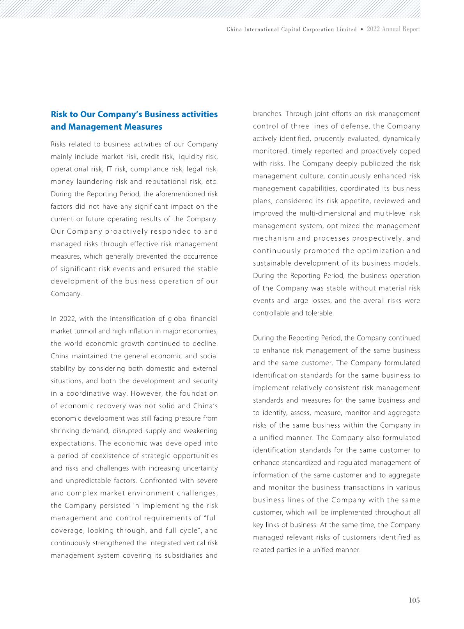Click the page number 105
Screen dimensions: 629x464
click(414, 600)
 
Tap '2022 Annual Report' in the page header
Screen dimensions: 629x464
click(393, 29)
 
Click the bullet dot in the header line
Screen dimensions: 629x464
click(362, 29)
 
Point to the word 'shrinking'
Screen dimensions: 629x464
click(65, 431)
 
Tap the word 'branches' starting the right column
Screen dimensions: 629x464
click(267, 114)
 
